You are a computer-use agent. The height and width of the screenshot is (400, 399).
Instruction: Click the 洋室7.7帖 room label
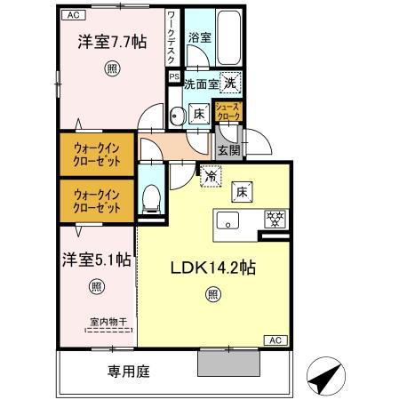(x=111, y=43)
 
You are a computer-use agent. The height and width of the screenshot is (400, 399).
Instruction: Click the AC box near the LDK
(x=276, y=340)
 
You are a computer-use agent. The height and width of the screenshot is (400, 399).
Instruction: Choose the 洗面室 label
(x=200, y=84)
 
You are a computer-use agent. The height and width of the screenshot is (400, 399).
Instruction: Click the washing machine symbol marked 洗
(x=229, y=82)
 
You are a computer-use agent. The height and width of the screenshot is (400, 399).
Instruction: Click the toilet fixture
(x=151, y=199)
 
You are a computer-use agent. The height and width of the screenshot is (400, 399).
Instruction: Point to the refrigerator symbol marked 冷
(x=211, y=176)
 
